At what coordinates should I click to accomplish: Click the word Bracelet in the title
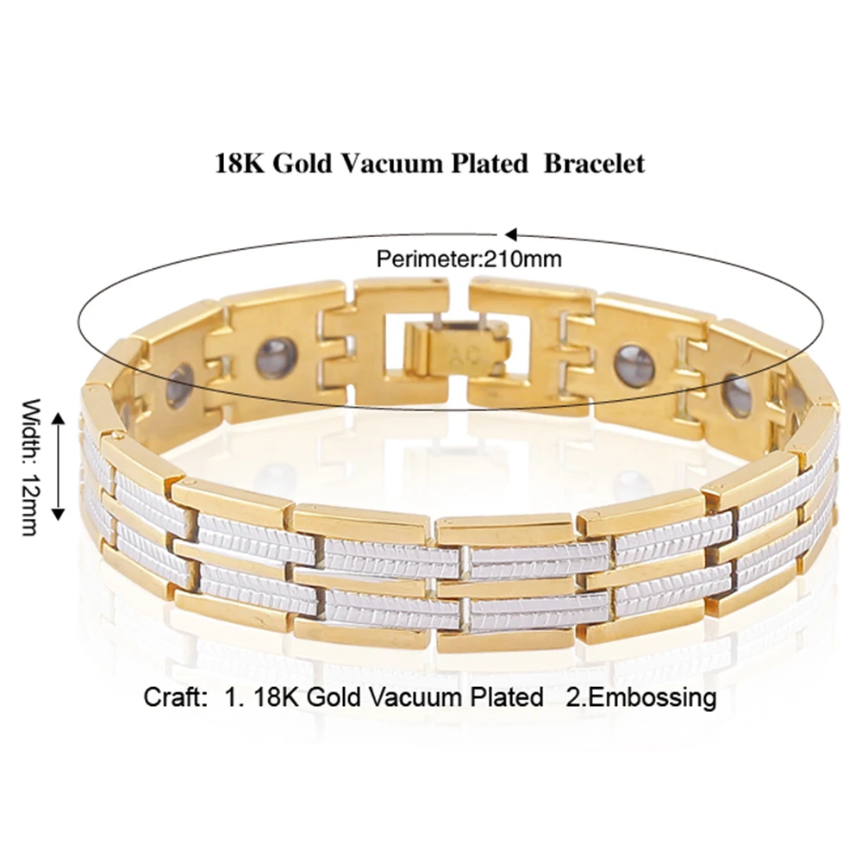[x=594, y=164]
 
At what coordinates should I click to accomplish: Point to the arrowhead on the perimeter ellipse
[x=509, y=234]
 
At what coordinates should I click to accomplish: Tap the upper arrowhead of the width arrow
[x=59, y=419]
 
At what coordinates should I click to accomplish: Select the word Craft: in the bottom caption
[x=173, y=696]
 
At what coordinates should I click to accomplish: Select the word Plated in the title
[x=487, y=164]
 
